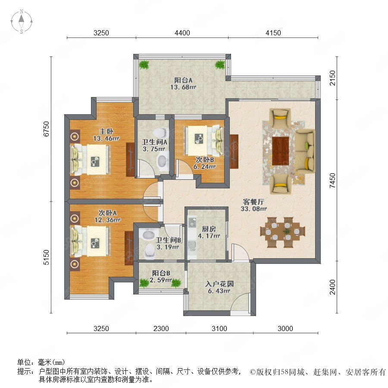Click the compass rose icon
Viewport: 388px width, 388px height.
[22, 22]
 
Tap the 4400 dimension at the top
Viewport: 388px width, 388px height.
[182, 33]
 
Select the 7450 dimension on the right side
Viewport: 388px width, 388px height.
[332, 180]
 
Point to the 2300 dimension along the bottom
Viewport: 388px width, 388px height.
[161, 329]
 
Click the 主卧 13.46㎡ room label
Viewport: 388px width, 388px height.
[106, 135]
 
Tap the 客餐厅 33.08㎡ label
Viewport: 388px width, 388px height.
[253, 205]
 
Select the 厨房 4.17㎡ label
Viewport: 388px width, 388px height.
[209, 232]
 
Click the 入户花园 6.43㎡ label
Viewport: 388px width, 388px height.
[219, 287]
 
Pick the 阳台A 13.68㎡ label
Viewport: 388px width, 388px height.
[183, 84]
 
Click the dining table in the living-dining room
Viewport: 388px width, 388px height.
[282, 232]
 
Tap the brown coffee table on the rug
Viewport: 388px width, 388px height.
[280, 151]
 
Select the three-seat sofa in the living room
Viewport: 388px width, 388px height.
[305, 151]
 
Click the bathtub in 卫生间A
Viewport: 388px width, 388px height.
[163, 162]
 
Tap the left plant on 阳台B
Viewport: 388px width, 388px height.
[144, 283]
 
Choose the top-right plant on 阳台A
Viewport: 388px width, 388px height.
[220, 65]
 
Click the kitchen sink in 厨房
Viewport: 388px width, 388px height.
[192, 245]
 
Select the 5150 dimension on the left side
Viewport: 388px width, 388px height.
[46, 257]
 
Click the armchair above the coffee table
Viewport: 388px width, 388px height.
[280, 118]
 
